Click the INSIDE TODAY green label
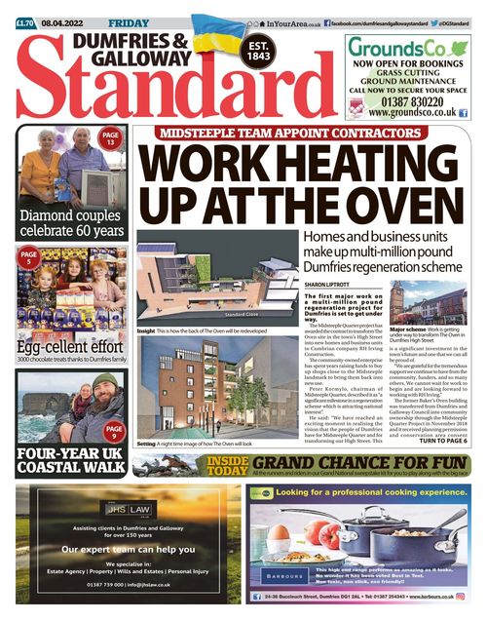point(226,465)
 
